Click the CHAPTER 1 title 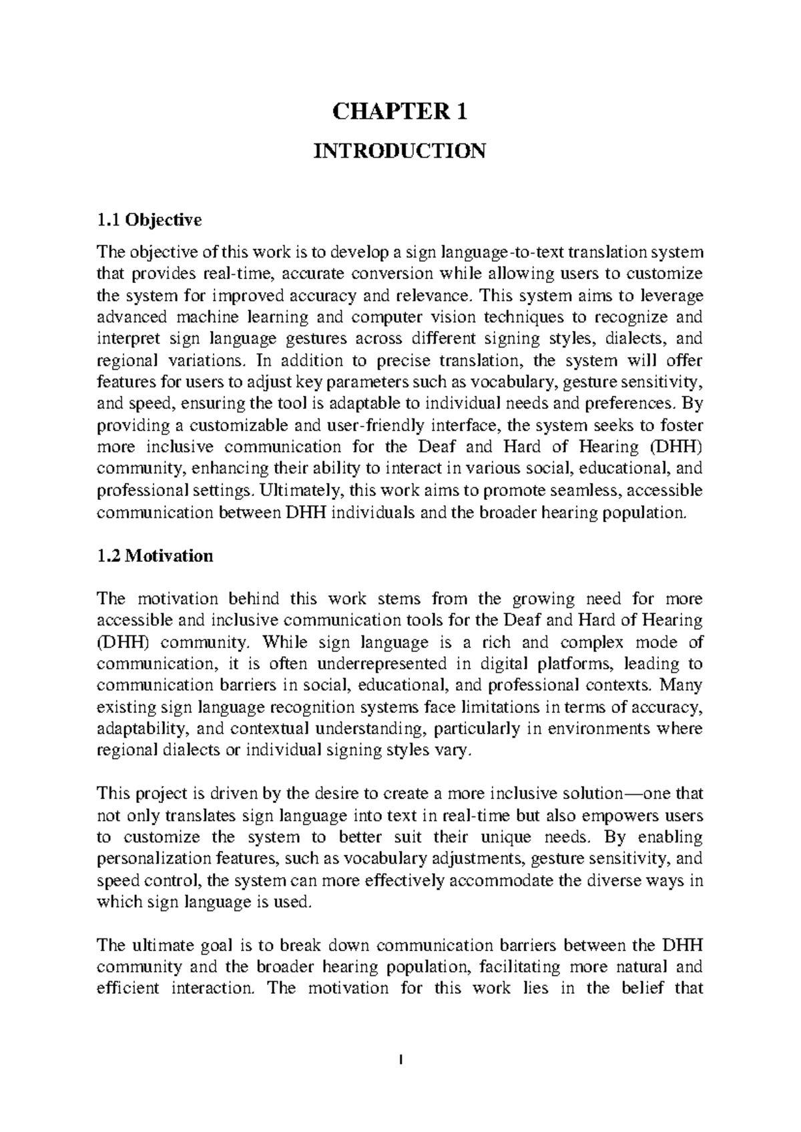pyautogui.click(x=400, y=111)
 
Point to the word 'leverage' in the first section pyautogui.click(x=670, y=295)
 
